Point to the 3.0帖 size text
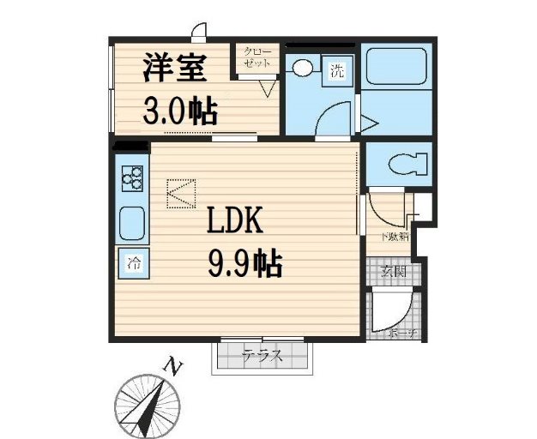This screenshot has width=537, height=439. pos(179,112)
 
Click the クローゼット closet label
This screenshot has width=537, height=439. pos(258,58)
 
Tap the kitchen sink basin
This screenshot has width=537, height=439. pos(132,223)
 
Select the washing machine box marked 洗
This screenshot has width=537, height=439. pos(337,70)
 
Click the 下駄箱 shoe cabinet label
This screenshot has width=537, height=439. pos(396,236)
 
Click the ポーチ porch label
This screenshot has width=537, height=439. pos(401,332)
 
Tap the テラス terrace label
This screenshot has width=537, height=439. pos(262,355)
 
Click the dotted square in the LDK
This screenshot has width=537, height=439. pos(181,192)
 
